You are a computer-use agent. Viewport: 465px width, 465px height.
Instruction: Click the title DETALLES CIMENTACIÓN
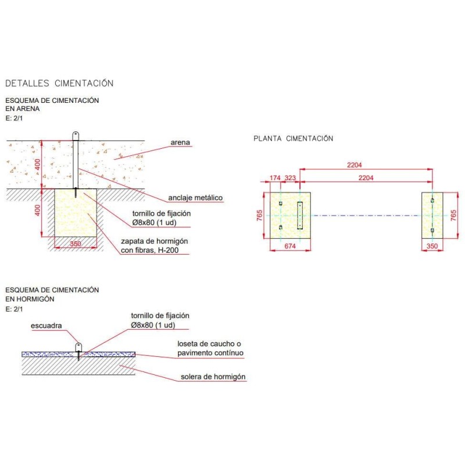59,84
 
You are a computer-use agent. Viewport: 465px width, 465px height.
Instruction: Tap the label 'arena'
180,142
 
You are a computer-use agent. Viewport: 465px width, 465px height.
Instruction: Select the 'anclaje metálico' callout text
195,198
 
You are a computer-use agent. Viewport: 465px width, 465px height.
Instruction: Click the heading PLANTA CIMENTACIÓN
293,138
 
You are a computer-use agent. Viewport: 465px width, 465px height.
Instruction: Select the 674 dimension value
290,247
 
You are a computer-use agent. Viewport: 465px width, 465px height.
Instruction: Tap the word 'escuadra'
46,326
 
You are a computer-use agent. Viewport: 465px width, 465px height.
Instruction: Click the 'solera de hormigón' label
213,377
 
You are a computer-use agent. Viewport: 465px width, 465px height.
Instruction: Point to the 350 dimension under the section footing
76,244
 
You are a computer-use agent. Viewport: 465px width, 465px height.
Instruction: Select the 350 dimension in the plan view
431,247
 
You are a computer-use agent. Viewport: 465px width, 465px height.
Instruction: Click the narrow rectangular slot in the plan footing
300,215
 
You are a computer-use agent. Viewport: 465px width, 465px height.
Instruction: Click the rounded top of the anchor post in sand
76,135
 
